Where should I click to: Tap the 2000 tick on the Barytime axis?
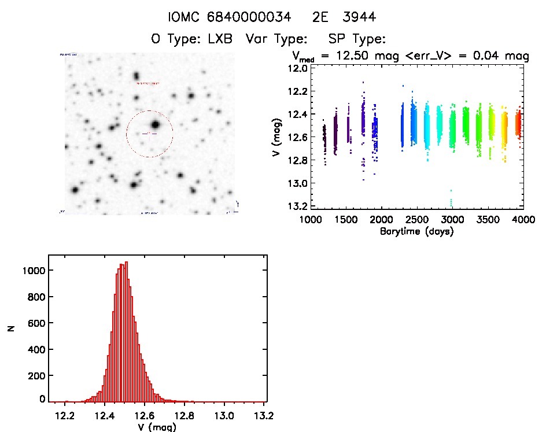click(381, 220)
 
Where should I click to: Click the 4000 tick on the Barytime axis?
click(522, 220)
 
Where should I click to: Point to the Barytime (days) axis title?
click(416, 231)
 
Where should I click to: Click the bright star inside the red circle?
click(154, 124)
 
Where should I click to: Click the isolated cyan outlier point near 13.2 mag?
click(451, 202)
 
